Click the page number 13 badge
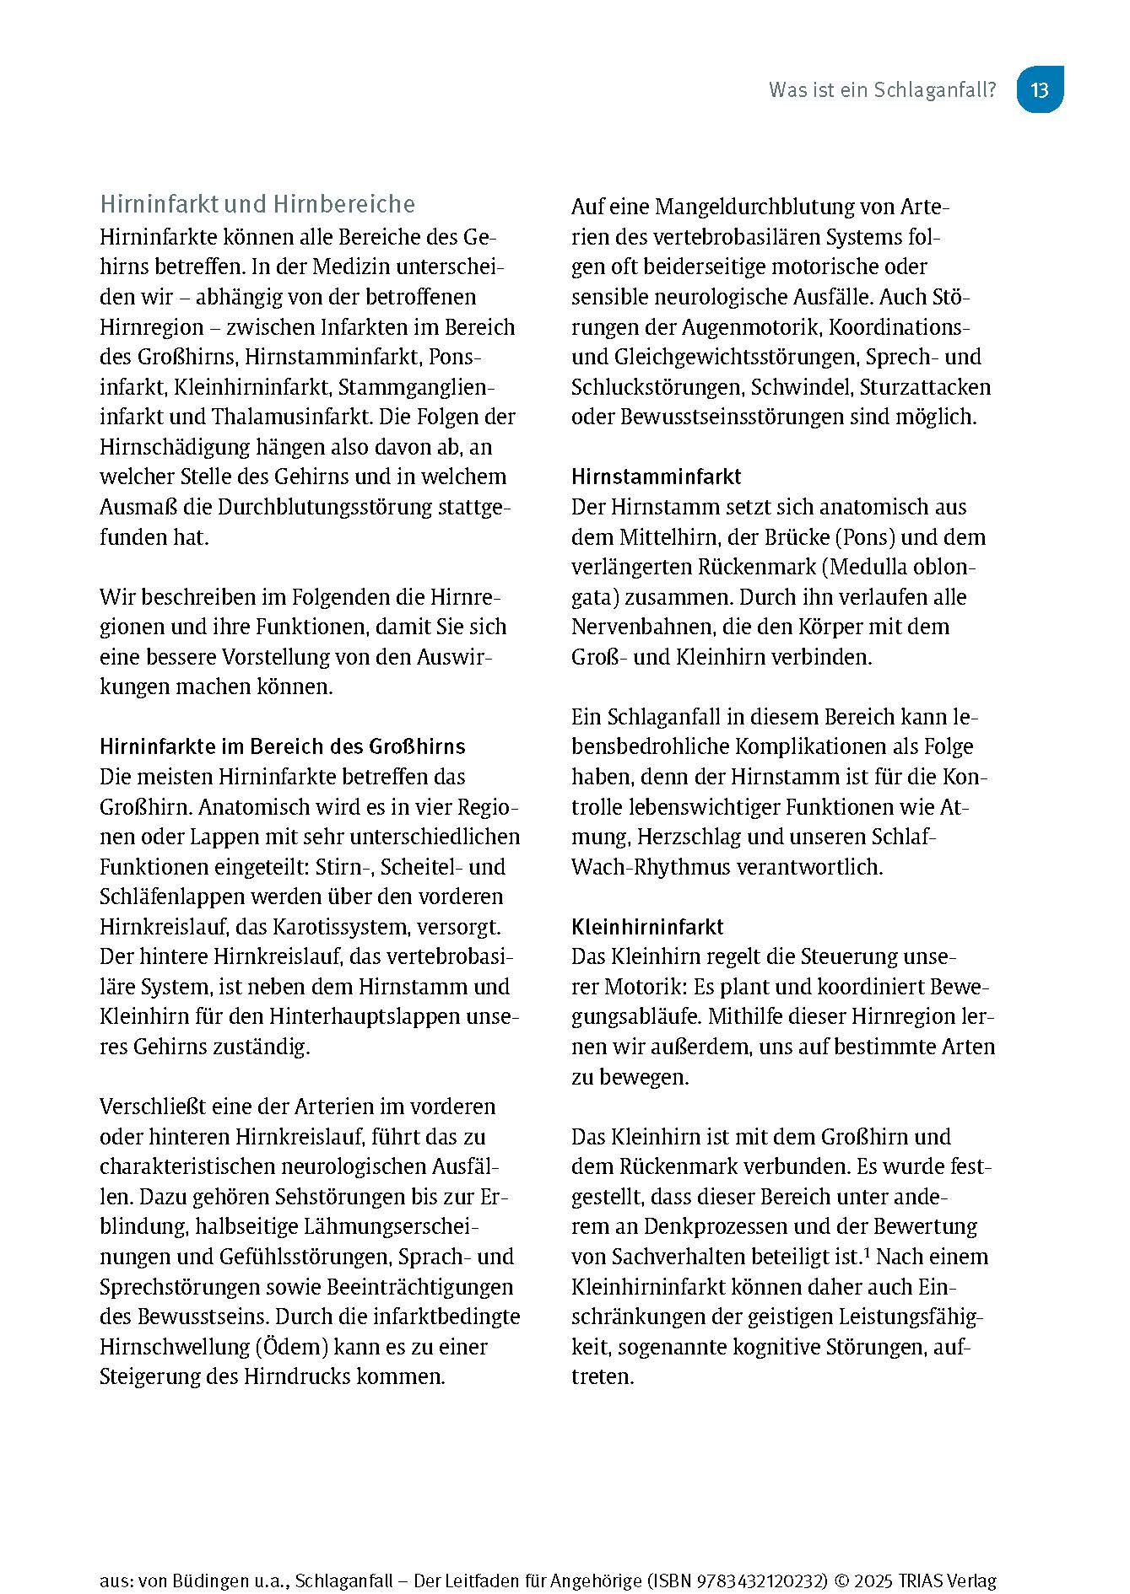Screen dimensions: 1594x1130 coord(1039,89)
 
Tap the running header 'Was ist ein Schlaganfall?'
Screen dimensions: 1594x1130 coord(882,90)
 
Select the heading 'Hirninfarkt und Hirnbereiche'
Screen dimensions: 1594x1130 coord(257,204)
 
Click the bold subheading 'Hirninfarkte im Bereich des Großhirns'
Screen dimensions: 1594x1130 coord(283,746)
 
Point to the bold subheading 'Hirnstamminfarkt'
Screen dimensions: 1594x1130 coord(656,477)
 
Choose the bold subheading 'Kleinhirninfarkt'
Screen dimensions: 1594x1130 coord(647,927)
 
